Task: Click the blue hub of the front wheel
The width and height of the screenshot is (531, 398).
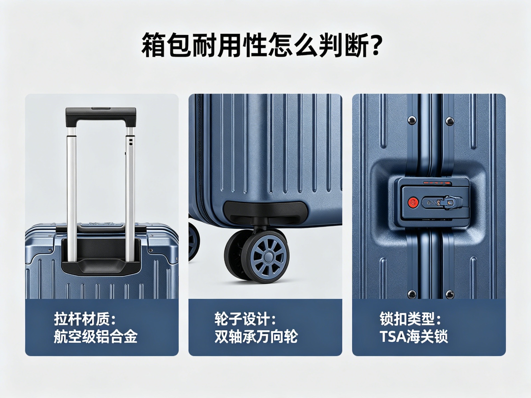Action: [268, 256]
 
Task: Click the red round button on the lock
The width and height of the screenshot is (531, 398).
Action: [413, 202]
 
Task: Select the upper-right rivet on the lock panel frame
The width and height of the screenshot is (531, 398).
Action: [449, 120]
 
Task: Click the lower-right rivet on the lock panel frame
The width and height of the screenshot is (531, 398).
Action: [449, 294]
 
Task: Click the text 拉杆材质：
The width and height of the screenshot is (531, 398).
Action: [84, 319]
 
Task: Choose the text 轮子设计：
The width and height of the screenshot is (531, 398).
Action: [245, 319]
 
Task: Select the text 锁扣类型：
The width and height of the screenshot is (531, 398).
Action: [410, 319]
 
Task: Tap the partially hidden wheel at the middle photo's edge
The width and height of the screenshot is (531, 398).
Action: [194, 241]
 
